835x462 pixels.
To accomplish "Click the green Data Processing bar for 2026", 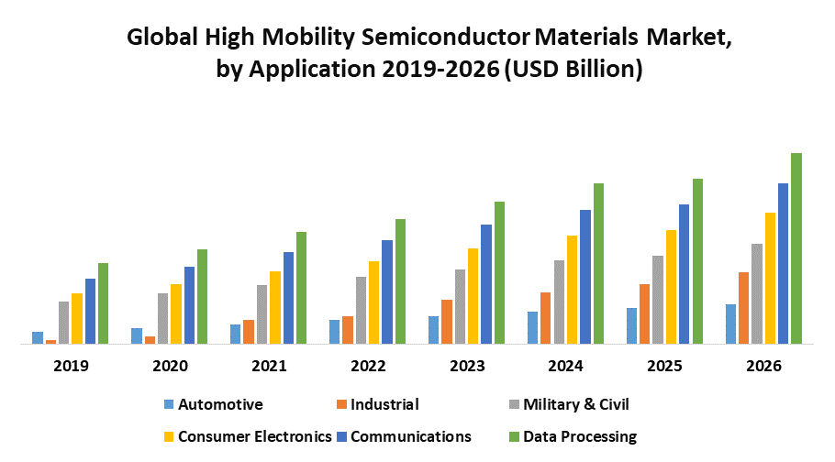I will coord(796,248).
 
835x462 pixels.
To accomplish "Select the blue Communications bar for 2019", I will coord(90,312).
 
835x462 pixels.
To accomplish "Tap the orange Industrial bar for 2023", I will coord(446,322).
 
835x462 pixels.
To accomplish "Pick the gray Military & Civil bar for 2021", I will coord(262,314).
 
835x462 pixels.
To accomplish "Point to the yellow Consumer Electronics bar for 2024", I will coord(572,290).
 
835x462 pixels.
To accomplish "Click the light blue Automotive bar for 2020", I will coord(137,336).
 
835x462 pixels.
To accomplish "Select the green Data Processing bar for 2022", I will coord(400,281).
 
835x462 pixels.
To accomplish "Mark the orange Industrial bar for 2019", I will coord(51,342).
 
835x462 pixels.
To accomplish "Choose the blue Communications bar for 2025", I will coord(684,274).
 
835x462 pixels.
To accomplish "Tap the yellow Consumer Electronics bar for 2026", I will coord(771,279).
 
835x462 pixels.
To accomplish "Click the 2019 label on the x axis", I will coord(71,366).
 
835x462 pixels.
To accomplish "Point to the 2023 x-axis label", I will coord(467,366).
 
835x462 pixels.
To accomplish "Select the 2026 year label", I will coord(764,366).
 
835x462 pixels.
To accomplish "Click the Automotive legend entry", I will coord(220,404).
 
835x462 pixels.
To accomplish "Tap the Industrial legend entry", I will coord(384,404).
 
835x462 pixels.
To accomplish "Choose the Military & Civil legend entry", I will coord(575,404).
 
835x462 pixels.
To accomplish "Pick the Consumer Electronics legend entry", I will coord(254,436).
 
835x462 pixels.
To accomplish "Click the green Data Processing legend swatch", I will coord(514,436).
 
